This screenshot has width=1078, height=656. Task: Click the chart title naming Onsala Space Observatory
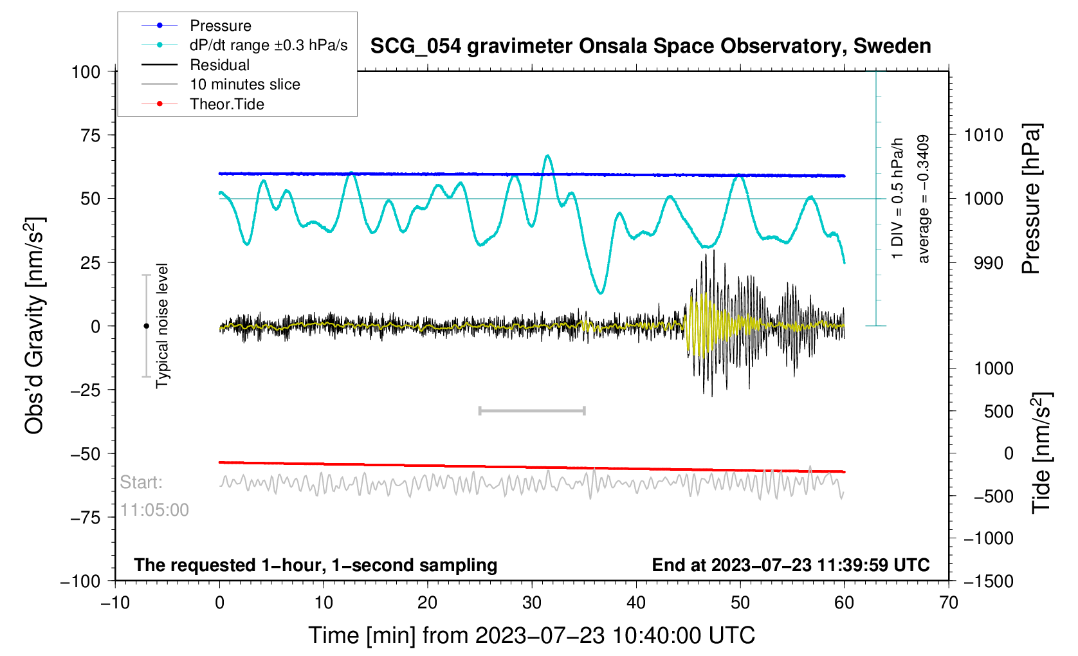[x=650, y=46]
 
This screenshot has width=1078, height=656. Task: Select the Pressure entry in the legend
[x=221, y=26]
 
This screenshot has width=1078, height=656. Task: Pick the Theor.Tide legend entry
[x=227, y=104]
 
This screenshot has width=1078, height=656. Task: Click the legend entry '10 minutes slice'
[x=245, y=84]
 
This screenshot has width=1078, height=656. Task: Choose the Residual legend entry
[x=220, y=65]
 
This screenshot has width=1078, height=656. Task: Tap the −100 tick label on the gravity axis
[x=80, y=581]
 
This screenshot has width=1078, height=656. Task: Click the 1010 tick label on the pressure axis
[x=983, y=135]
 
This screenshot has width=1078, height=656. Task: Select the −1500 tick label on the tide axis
[x=988, y=581]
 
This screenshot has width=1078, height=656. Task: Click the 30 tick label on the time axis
[x=532, y=603]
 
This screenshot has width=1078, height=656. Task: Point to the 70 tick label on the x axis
[x=949, y=603]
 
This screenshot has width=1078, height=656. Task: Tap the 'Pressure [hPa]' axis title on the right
[x=1031, y=199]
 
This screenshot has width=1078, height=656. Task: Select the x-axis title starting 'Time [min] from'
[x=531, y=635]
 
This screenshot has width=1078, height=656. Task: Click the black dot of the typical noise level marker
[x=146, y=326]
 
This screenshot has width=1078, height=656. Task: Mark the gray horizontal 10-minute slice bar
[x=532, y=410]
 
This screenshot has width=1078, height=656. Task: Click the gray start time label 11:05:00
[x=154, y=510]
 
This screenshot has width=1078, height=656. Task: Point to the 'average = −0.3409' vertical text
[x=924, y=199]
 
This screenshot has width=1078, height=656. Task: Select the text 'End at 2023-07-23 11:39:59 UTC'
[x=790, y=565]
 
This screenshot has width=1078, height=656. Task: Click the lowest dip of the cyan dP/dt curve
[x=601, y=293]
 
